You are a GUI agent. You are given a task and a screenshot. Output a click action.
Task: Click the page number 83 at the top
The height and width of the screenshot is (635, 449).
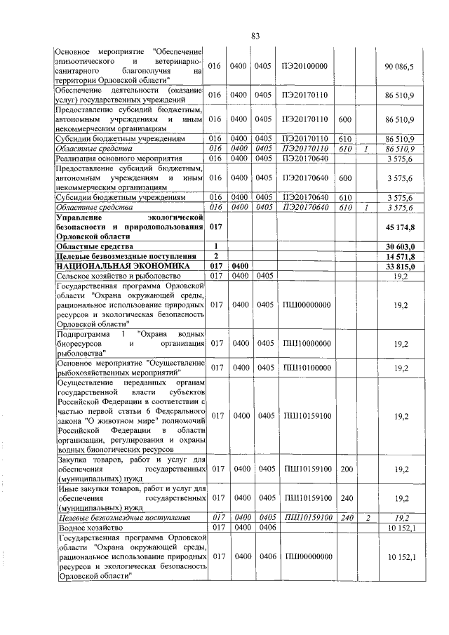tap(256, 36)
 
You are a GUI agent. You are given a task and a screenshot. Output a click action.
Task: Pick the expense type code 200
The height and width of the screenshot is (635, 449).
tap(346, 468)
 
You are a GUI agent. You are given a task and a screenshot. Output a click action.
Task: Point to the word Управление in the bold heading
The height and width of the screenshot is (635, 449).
tap(78, 218)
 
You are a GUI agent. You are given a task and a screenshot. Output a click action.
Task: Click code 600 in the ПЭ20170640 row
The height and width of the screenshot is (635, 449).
tap(346, 179)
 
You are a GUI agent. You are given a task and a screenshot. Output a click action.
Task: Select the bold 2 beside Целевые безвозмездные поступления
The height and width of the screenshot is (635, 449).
tap(216, 257)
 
